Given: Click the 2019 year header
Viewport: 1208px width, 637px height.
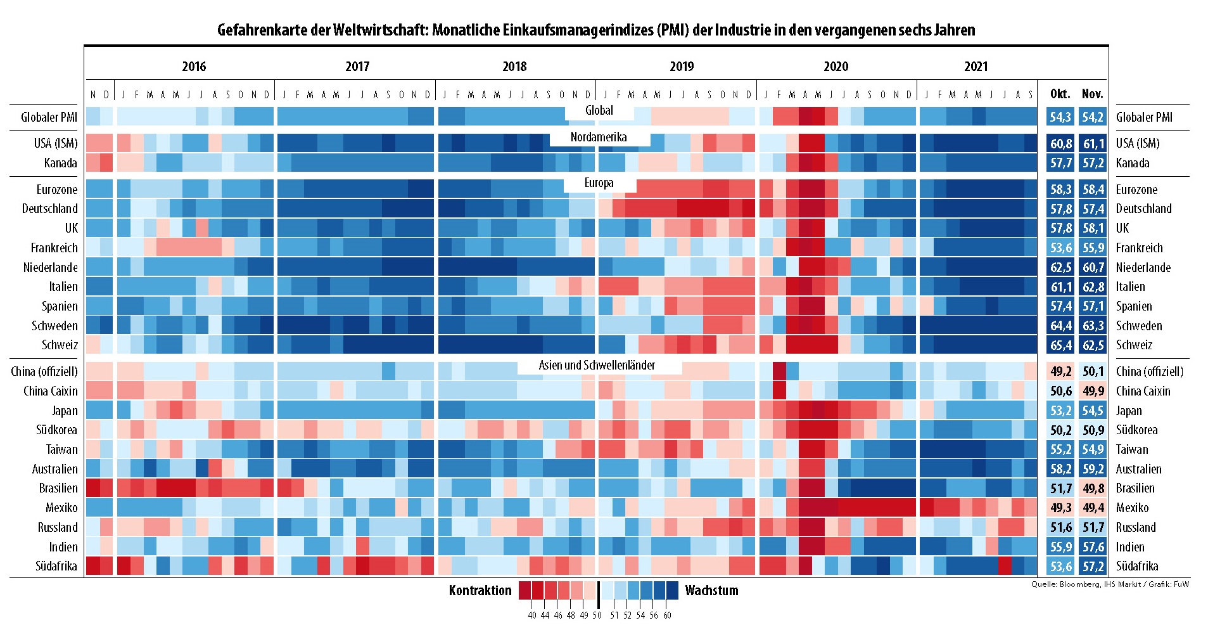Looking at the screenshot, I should click(x=682, y=67).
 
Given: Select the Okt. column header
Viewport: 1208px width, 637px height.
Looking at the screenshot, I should click(x=1060, y=94).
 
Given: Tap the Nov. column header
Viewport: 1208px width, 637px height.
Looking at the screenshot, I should click(x=1093, y=94).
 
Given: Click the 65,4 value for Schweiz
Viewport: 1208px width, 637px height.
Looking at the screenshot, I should click(x=1061, y=345).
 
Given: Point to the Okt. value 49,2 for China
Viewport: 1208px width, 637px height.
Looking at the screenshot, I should click(x=1061, y=371).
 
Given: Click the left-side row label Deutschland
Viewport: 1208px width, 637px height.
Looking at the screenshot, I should click(x=49, y=209).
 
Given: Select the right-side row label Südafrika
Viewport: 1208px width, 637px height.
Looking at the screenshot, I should click(x=1137, y=566).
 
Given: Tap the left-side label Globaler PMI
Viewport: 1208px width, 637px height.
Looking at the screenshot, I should click(x=49, y=117).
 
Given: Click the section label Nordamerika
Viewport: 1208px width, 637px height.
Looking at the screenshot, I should click(x=599, y=137).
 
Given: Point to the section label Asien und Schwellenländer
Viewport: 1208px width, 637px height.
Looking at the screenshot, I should click(x=597, y=365).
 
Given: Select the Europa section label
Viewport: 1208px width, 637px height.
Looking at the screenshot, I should click(x=599, y=183).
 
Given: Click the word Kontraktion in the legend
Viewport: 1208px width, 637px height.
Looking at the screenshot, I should click(x=480, y=591).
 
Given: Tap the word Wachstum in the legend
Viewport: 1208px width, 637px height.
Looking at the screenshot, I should click(x=711, y=591).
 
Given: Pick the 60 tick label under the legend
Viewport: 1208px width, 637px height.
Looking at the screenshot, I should click(x=667, y=615).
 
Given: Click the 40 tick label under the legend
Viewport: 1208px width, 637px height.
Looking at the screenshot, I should click(x=532, y=615).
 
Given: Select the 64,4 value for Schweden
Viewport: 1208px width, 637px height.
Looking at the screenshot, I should click(x=1061, y=326).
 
